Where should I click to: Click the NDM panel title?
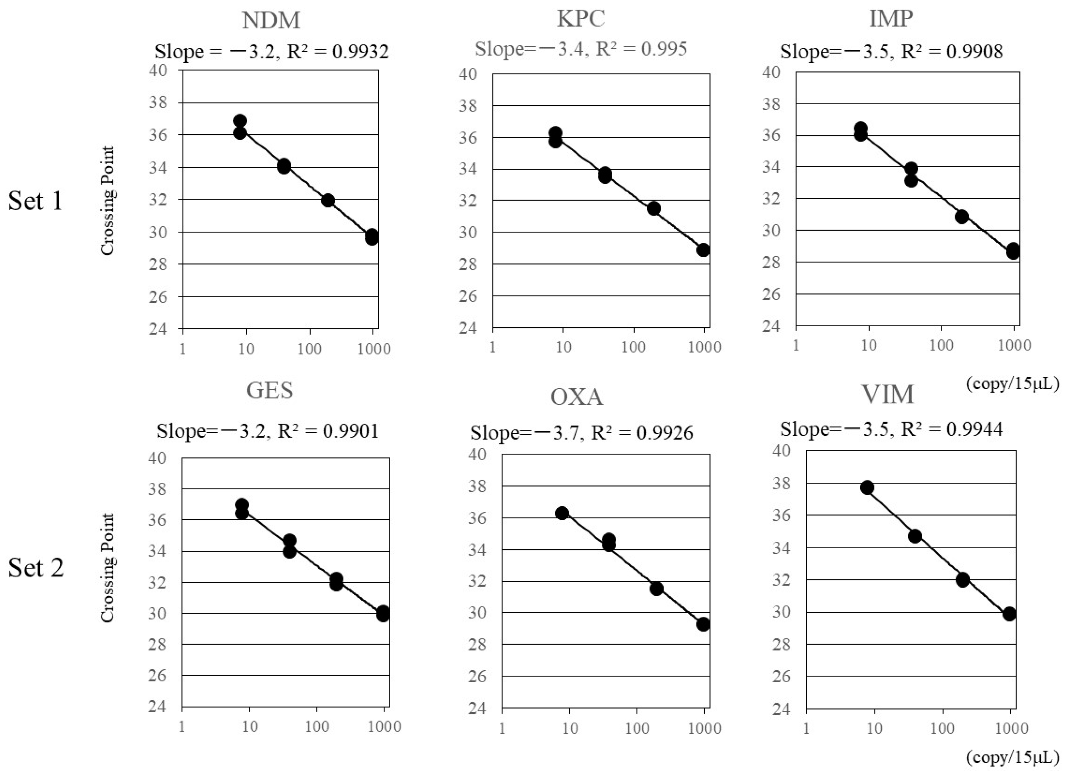pos(271,21)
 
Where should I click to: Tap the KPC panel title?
pos(581,19)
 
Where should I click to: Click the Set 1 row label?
pos(35,201)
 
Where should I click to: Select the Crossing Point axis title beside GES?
pos(108,568)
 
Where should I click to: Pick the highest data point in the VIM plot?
pos(867,488)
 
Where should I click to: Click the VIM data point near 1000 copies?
pos(1009,614)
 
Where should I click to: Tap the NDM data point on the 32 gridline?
pos(328,200)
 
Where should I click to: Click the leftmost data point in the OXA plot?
pos(562,513)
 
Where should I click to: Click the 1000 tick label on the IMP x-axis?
pos(1014,346)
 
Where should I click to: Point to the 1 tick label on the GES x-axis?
pos(182,726)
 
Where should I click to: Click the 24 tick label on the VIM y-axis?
pos(782,709)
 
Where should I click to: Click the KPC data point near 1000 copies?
pos(703,250)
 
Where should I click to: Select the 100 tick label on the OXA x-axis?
pos(637,728)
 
